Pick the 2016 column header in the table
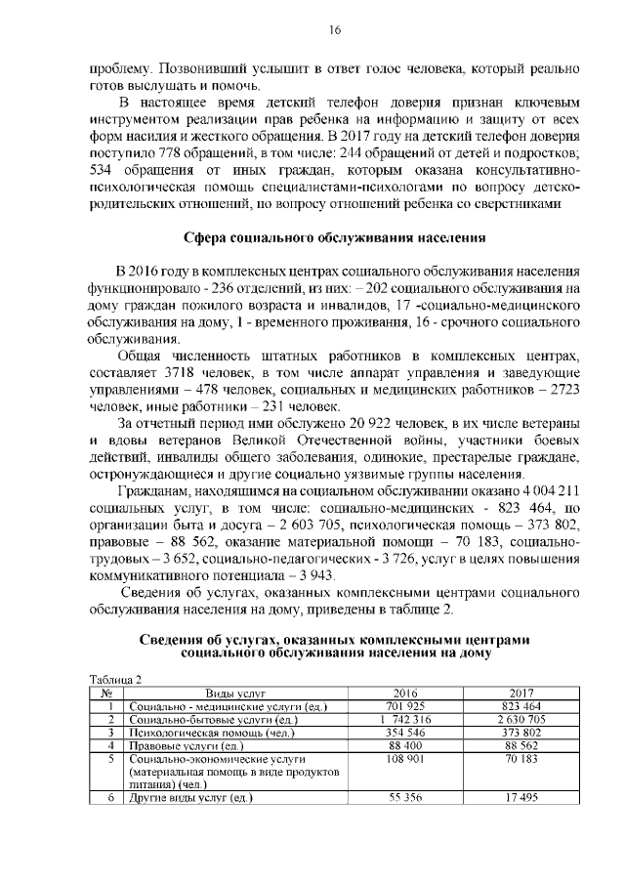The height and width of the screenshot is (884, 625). pos(404,693)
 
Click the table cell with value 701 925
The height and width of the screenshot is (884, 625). pos(404,706)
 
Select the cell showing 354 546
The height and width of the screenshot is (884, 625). pos(404,732)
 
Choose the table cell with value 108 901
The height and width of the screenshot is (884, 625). pos(404,758)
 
